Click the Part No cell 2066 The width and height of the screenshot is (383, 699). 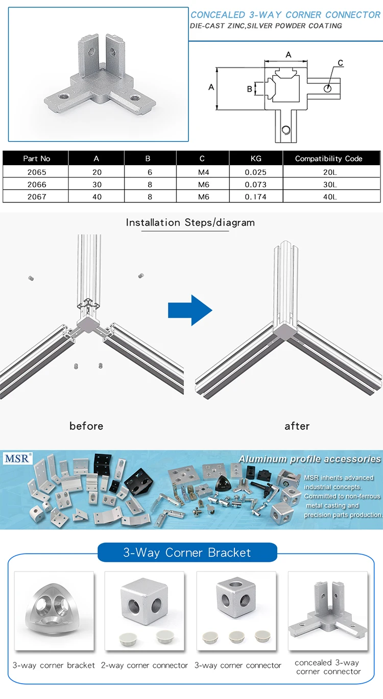point(37,184)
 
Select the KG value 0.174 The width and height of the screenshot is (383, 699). point(256,196)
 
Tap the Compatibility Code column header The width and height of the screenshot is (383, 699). point(328,159)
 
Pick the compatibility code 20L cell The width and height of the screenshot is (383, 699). point(328,172)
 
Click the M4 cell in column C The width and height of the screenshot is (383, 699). point(203,172)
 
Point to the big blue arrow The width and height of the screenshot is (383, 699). point(190,309)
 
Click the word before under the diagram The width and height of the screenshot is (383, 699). point(86,426)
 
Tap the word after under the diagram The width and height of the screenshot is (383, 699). point(297,426)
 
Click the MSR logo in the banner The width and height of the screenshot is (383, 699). point(18,458)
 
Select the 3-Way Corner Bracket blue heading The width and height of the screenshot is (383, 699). point(187,553)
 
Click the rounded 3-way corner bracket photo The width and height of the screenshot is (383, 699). point(54,610)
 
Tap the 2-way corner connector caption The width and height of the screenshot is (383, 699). point(145,665)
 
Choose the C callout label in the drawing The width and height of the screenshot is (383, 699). point(340,63)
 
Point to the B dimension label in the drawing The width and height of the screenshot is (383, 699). point(250,89)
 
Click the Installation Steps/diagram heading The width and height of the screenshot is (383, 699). point(190,223)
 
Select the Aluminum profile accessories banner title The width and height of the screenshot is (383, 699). point(309,459)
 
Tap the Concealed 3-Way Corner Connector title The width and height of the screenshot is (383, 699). point(285,15)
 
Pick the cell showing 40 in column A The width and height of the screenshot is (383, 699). point(97,196)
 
